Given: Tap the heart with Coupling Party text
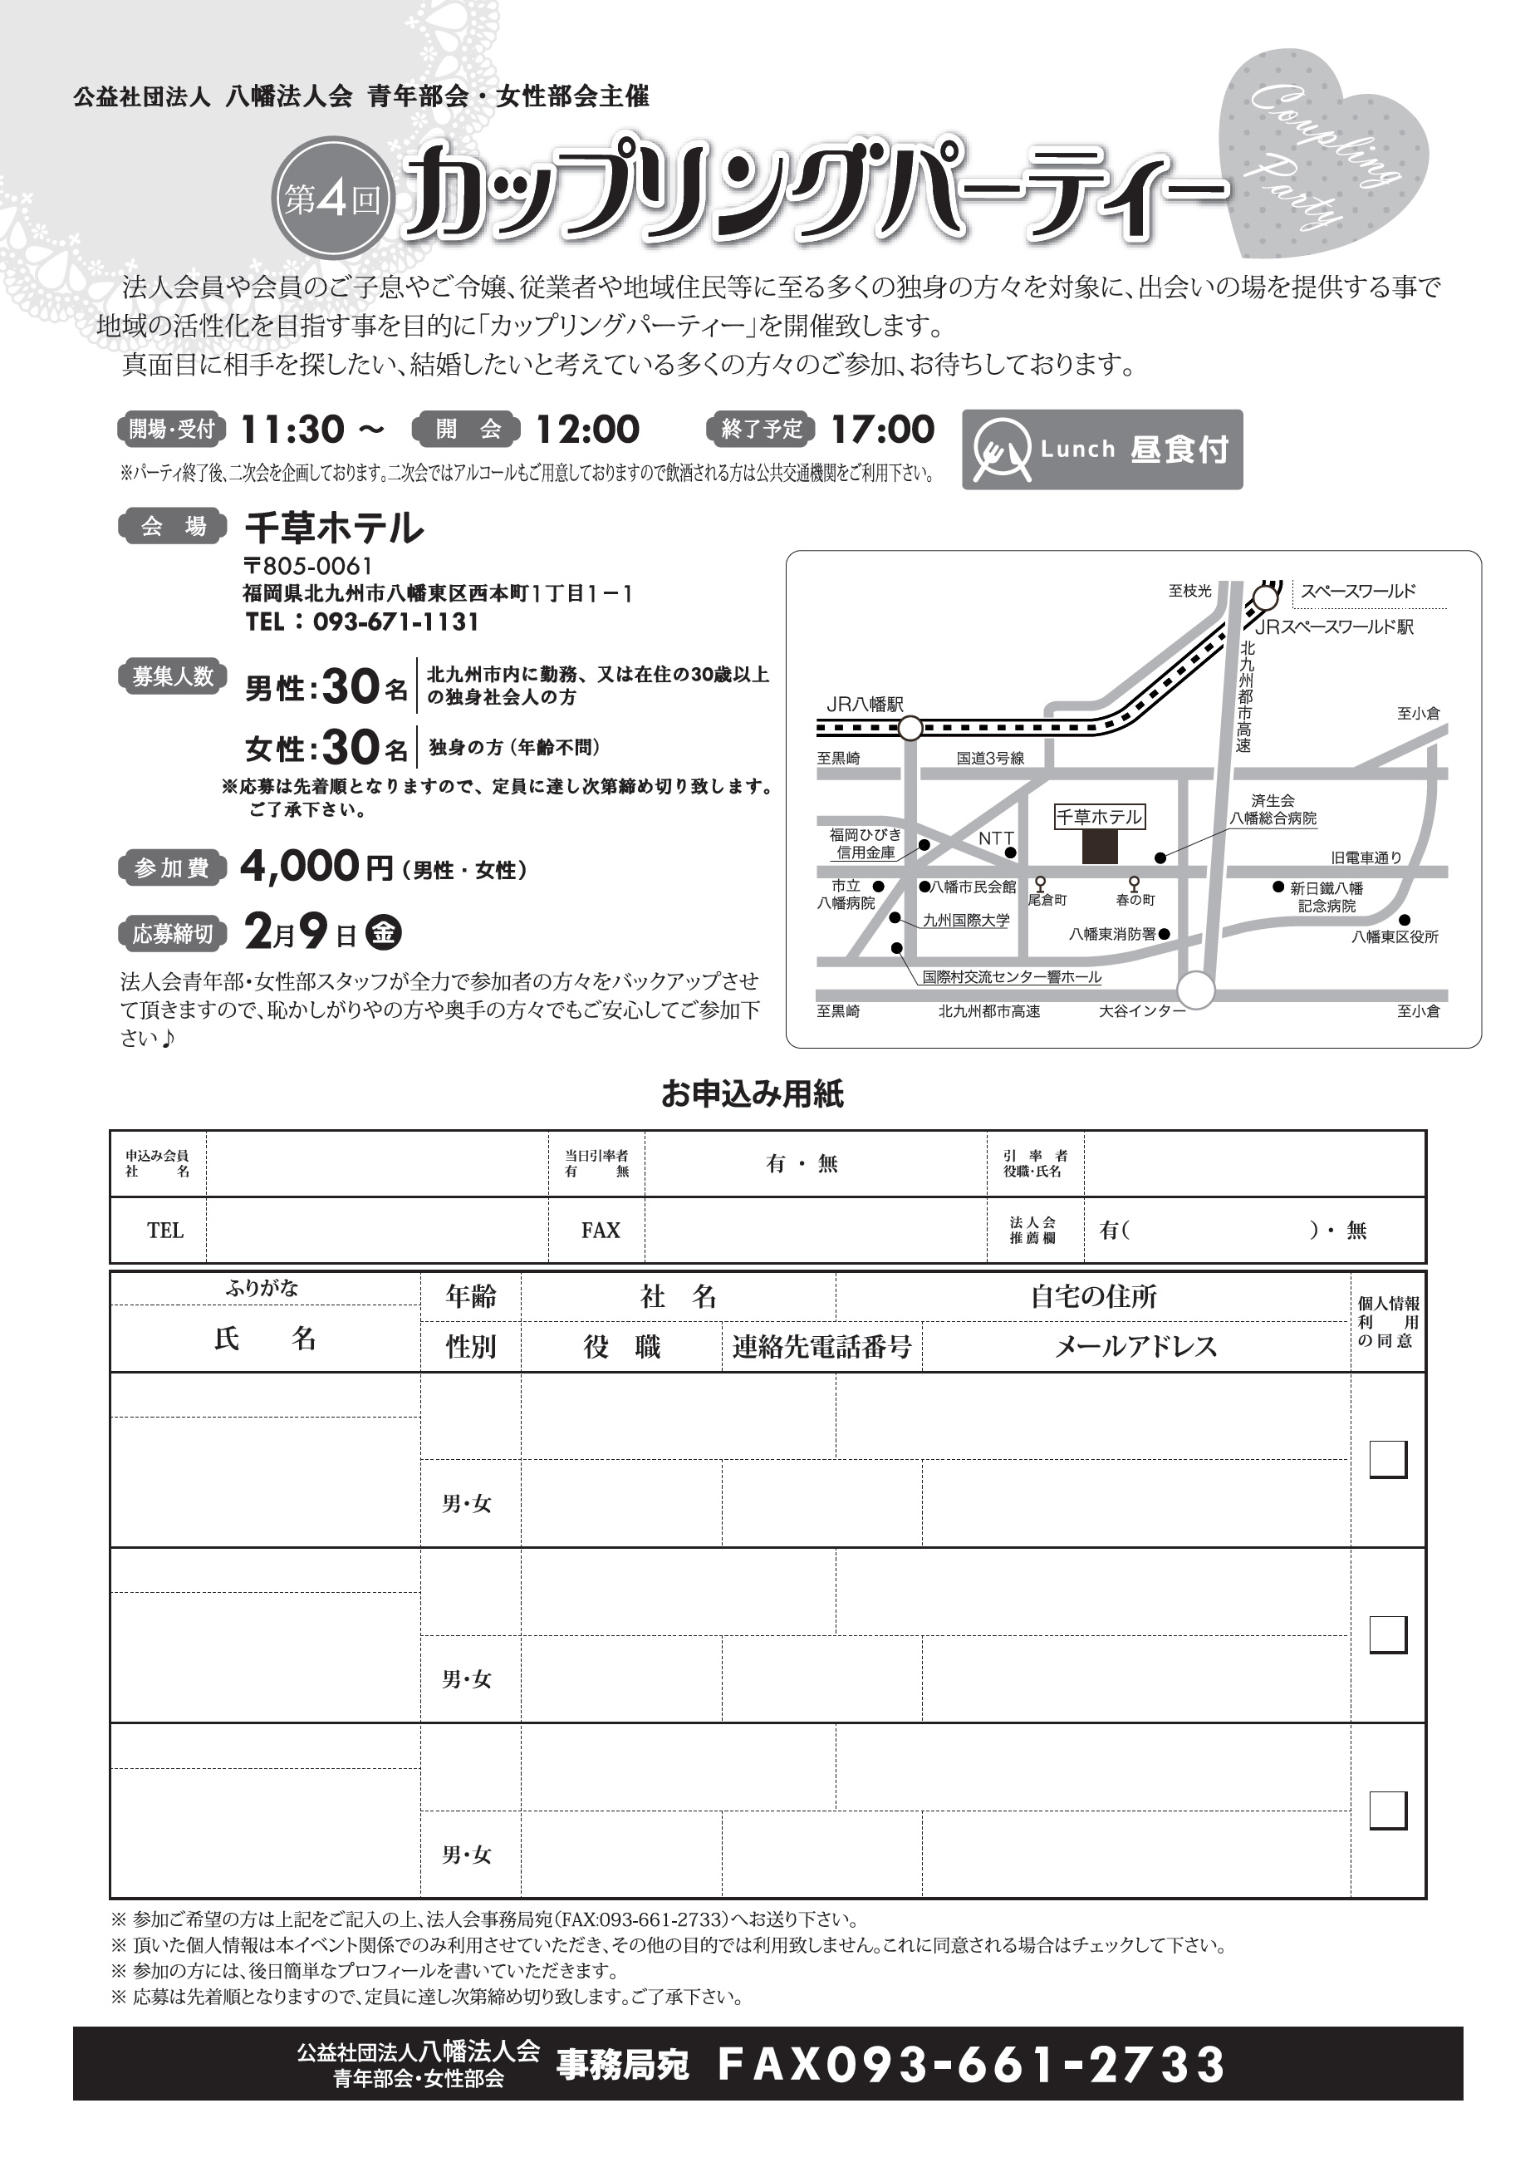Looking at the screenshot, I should click(1324, 161).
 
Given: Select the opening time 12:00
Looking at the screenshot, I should click(587, 430).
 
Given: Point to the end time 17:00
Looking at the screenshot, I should click(881, 430).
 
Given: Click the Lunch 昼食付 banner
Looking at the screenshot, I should click(1102, 450).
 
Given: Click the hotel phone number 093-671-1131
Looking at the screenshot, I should click(395, 622).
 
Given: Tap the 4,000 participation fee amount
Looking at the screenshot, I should click(300, 866).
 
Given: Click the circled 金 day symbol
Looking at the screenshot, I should click(383, 933).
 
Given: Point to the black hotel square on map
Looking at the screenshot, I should click(1099, 847).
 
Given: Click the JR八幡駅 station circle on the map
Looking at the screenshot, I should click(910, 729).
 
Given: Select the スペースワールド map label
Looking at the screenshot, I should click(1358, 592).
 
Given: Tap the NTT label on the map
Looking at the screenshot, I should click(995, 838).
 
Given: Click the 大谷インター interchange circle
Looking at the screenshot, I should click(1196, 990).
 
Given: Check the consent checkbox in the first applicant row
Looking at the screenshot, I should click(1387, 1459).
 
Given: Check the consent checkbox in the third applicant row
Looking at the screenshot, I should click(1387, 1810).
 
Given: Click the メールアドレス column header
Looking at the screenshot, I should click(1135, 1346).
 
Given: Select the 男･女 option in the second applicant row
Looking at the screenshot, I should click(466, 1679).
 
